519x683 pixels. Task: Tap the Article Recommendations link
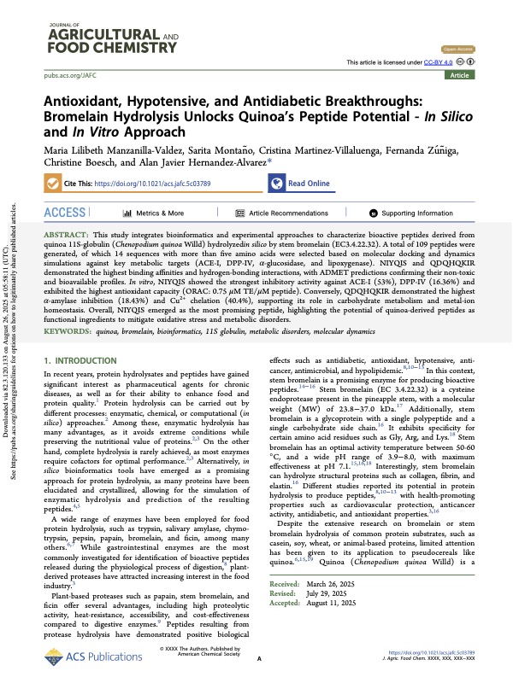click(x=287, y=213)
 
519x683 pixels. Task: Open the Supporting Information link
click(x=416, y=213)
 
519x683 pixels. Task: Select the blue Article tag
click(x=482, y=75)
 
